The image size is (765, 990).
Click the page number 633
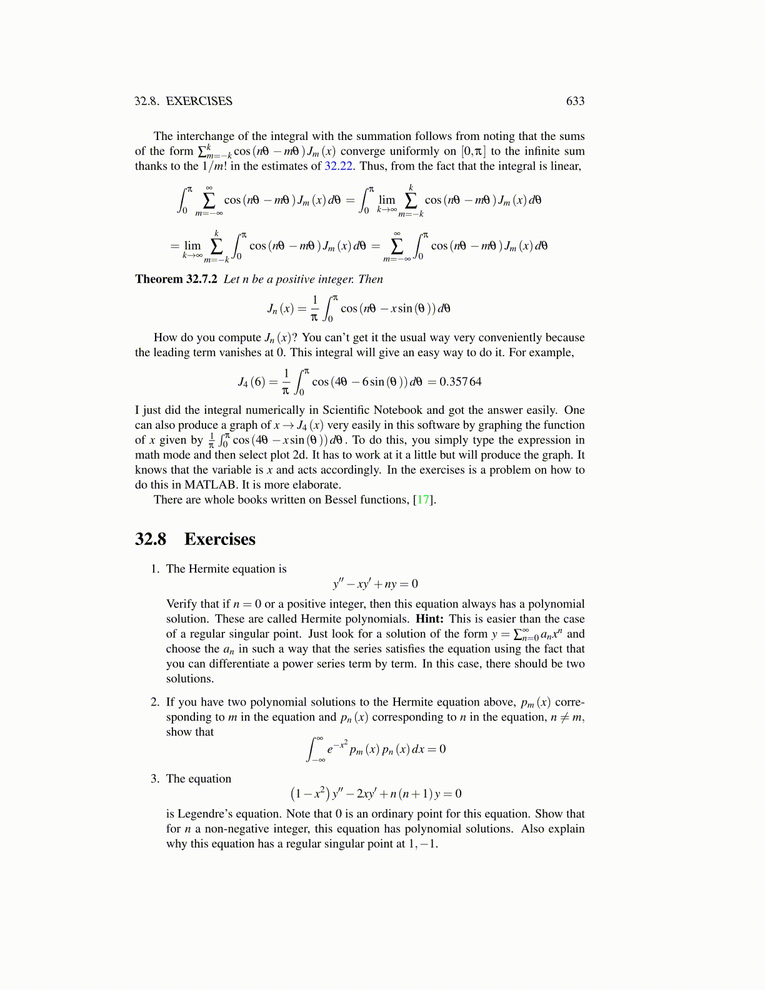[x=575, y=101]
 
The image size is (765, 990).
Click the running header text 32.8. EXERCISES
[x=183, y=101]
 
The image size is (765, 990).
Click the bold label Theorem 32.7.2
[x=176, y=279]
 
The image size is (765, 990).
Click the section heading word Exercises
[x=219, y=539]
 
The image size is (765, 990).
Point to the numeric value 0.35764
[x=461, y=382]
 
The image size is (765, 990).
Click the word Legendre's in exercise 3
[x=205, y=814]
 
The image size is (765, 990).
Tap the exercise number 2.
[x=154, y=702]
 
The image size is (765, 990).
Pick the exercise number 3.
[x=154, y=779]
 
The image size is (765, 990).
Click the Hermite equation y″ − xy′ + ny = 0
[x=376, y=584]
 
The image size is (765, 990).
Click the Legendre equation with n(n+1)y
[x=376, y=794]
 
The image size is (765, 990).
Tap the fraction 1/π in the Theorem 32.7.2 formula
[x=314, y=309]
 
